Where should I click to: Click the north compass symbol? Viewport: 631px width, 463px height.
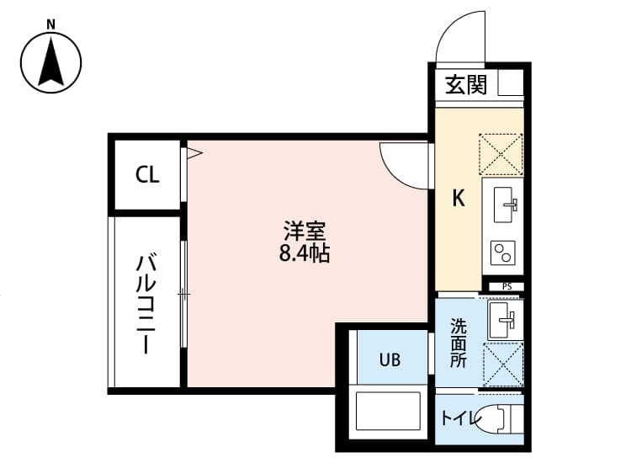(x=51, y=62)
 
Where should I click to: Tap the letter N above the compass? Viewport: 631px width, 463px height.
(x=51, y=24)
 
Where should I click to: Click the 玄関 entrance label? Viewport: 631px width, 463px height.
(x=465, y=85)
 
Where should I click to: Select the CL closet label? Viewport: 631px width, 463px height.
(x=147, y=175)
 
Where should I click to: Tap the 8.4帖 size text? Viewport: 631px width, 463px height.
(x=304, y=252)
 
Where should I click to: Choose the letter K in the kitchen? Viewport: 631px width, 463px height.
(x=459, y=199)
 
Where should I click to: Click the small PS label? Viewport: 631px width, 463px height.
(x=506, y=286)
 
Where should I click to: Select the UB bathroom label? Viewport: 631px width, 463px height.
(x=389, y=360)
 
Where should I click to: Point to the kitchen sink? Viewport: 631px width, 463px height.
(x=503, y=202)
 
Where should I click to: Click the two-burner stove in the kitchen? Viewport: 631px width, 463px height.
(x=503, y=252)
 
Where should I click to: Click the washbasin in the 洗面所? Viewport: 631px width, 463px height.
(x=505, y=319)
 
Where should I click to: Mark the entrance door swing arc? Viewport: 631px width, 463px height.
(x=459, y=38)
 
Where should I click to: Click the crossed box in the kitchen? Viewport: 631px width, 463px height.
(x=501, y=154)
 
